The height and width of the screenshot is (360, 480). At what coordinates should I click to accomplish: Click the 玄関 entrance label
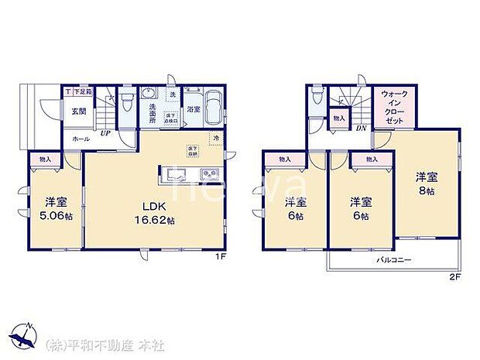pos(79,111)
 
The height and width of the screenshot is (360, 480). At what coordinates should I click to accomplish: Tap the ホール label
pos(79,138)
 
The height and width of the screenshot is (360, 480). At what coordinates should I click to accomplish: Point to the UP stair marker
pos(104,133)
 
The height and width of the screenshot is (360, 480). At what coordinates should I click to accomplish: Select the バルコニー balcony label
pos(393,261)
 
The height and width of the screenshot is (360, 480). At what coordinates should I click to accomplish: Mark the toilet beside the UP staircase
pos(126,101)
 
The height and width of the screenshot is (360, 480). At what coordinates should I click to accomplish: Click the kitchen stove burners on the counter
pos(211,173)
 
